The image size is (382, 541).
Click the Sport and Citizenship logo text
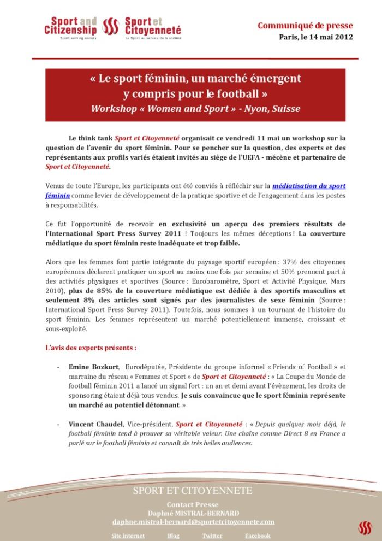tap(70, 26)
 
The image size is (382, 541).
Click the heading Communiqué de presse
tap(305, 26)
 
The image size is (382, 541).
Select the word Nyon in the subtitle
tap(258, 108)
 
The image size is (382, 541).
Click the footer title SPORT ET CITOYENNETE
tap(192, 491)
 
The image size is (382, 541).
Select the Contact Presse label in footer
tap(192, 505)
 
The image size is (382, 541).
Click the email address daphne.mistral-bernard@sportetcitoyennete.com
tap(193, 522)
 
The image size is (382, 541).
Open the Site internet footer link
tap(128, 536)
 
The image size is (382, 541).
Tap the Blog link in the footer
tap(174, 536)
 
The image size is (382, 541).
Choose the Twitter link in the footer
tap(212, 536)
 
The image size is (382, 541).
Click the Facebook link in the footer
tap(257, 536)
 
